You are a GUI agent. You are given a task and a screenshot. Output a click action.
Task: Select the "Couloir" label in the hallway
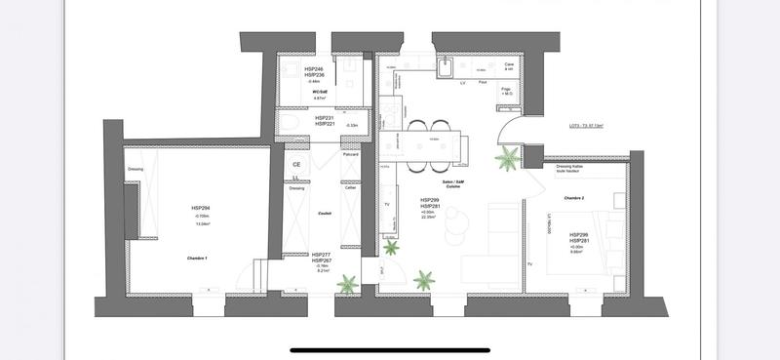tap(325, 213)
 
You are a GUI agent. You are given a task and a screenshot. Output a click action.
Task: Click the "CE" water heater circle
tap(296, 165)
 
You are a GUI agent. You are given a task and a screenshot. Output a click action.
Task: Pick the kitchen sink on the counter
tap(444, 66)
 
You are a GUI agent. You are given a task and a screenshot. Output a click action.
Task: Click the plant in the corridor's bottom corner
tap(347, 285)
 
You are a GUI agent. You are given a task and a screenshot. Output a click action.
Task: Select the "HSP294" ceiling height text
tap(202, 208)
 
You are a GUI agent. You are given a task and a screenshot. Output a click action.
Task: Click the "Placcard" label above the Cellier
tap(350, 155)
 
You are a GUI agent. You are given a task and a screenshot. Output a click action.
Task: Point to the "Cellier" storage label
tap(350, 188)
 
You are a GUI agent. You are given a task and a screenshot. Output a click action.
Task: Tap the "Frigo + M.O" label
tap(508, 91)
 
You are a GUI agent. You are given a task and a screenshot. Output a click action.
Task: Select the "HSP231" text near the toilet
tap(324, 118)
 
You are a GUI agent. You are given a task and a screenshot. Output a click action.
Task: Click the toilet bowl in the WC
tap(289, 122)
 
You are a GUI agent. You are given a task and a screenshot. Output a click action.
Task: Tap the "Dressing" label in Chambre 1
tap(136, 169)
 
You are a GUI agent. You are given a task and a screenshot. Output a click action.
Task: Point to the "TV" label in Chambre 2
tap(529, 264)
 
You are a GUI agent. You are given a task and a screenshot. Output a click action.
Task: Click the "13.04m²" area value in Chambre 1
tap(203, 223)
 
